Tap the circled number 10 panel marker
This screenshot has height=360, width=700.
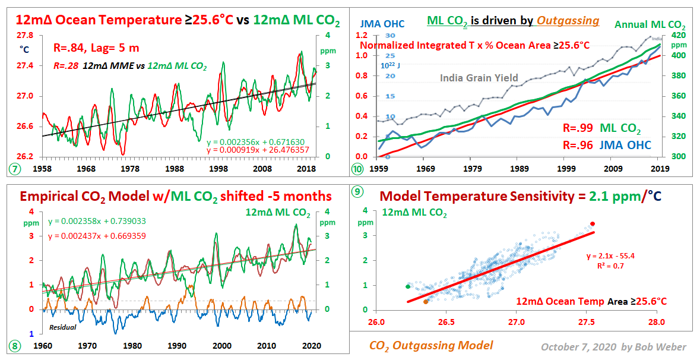click(x=357, y=169)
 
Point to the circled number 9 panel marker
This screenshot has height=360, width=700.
click(x=357, y=191)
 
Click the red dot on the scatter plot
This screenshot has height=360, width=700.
click(x=592, y=223)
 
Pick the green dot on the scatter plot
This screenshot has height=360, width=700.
click(x=407, y=286)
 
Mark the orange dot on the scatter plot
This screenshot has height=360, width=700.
click(x=426, y=302)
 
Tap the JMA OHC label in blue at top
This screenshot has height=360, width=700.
click(x=383, y=24)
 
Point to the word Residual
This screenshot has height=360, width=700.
click(x=62, y=327)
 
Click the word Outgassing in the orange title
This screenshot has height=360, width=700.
click(x=568, y=21)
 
